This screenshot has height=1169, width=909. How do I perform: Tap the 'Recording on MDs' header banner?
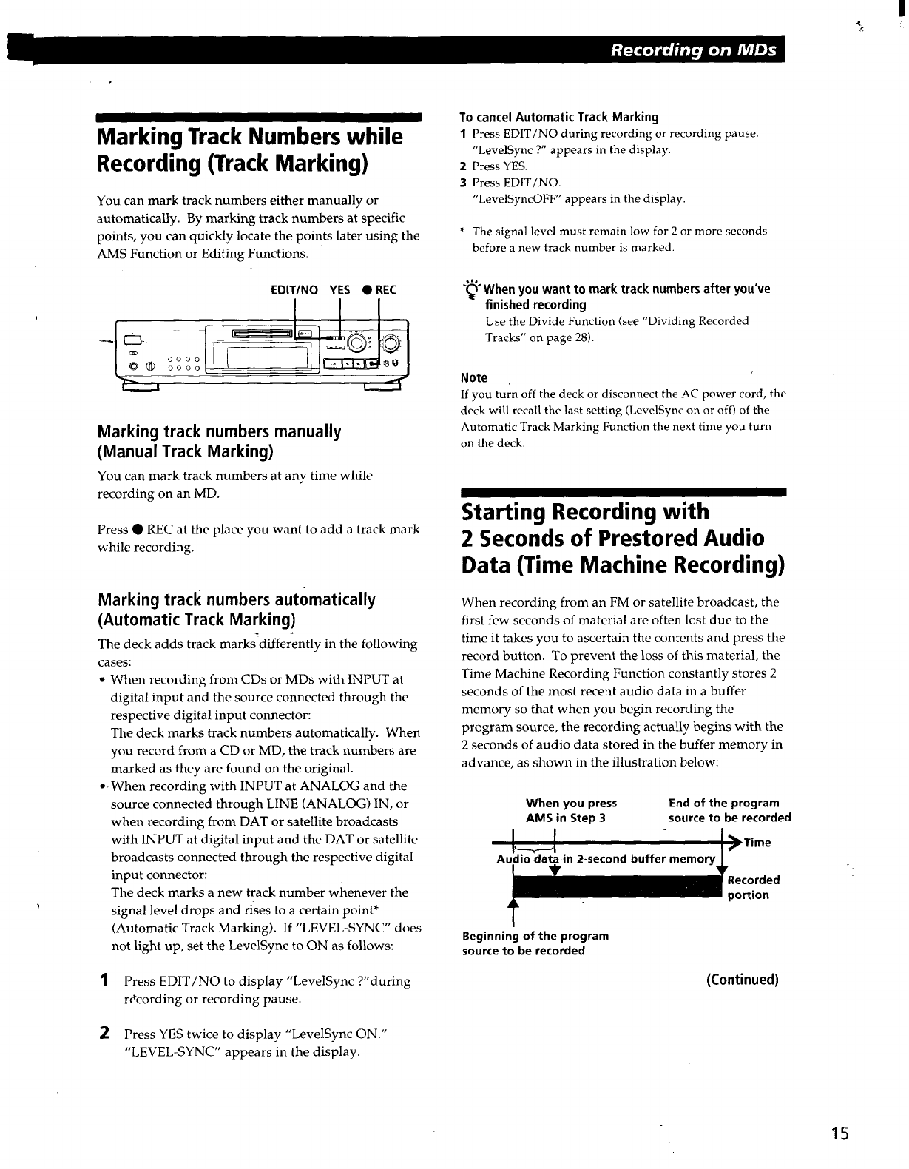pyautogui.click(x=692, y=50)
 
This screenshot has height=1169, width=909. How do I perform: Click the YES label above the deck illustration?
pyautogui.click(x=339, y=290)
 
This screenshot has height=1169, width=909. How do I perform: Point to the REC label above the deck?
pyautogui.click(x=379, y=290)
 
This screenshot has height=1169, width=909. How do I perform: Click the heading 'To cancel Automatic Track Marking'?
pyautogui.click(x=558, y=117)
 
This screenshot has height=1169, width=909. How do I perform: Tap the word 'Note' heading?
pyautogui.click(x=473, y=377)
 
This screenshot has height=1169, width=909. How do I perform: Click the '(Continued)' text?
pyautogui.click(x=742, y=980)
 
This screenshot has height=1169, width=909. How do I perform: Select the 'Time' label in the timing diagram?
pyautogui.click(x=757, y=843)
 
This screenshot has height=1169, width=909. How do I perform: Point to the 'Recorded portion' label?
pyautogui.click(x=753, y=887)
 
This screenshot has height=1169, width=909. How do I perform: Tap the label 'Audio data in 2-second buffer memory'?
pyautogui.click(x=606, y=859)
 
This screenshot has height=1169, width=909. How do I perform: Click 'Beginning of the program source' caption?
pyautogui.click(x=535, y=943)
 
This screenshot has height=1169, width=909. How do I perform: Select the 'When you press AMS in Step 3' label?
pyautogui.click(x=570, y=810)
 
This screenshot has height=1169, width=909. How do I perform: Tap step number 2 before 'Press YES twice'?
pyautogui.click(x=106, y=1033)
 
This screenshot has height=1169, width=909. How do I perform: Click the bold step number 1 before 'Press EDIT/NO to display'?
pyautogui.click(x=106, y=980)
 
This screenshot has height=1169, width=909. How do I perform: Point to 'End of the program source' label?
pyautogui.click(x=729, y=810)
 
